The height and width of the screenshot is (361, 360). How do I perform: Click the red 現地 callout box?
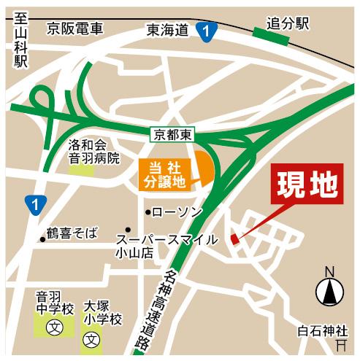tap(306, 185)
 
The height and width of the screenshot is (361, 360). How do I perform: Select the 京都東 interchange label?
tap(172, 134)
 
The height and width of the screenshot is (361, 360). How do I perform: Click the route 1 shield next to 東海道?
tap(209, 31)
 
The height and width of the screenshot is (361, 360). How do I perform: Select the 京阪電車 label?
tap(75, 30)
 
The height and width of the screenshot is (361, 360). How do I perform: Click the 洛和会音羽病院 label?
tap(93, 151)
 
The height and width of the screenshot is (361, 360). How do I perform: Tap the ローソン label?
tap(176, 211)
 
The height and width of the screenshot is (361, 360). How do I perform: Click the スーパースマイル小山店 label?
tap(166, 246)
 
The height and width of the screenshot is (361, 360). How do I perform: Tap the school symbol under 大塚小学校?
tap(92, 340)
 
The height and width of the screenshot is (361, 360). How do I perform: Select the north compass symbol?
tap(329, 290)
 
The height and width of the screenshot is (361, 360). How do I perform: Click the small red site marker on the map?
tap(234, 238)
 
